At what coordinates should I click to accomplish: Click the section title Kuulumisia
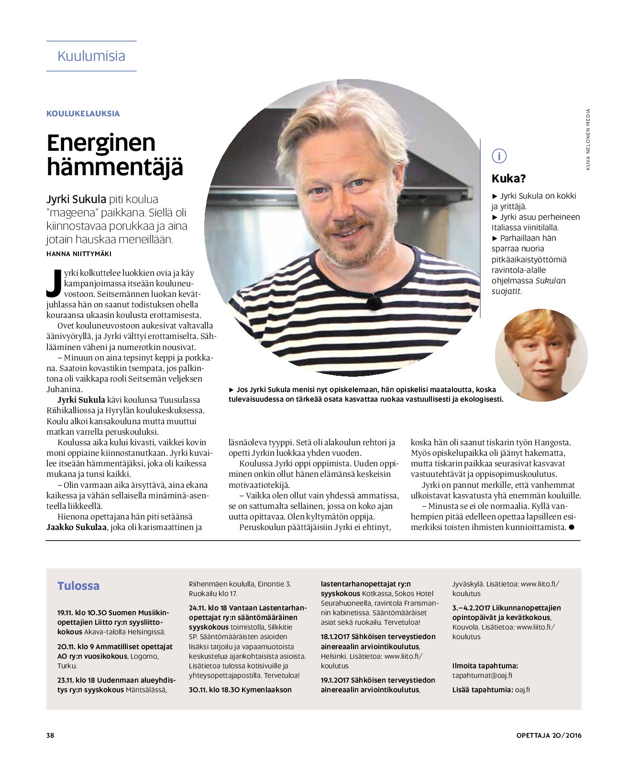[x=91, y=56]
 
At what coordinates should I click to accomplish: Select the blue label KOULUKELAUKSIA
[x=83, y=113]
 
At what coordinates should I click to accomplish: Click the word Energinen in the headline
[x=101, y=143]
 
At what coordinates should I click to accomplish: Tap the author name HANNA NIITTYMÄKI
[x=79, y=254]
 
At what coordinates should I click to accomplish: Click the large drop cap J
[x=54, y=282]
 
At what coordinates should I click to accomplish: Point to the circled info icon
[x=499, y=156]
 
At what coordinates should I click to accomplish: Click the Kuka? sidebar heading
[x=508, y=179]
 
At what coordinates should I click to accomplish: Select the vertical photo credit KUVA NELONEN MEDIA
[x=588, y=139]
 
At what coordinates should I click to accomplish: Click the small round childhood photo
[x=541, y=355]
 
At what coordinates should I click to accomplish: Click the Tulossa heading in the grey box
[x=78, y=586]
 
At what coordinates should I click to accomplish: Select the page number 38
[x=50, y=735]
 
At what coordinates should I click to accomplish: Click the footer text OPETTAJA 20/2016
[x=549, y=735]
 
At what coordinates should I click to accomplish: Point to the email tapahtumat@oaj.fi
[x=482, y=675]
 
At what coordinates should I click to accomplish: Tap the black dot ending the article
[x=571, y=527]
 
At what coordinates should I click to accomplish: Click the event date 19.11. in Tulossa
[x=65, y=613]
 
